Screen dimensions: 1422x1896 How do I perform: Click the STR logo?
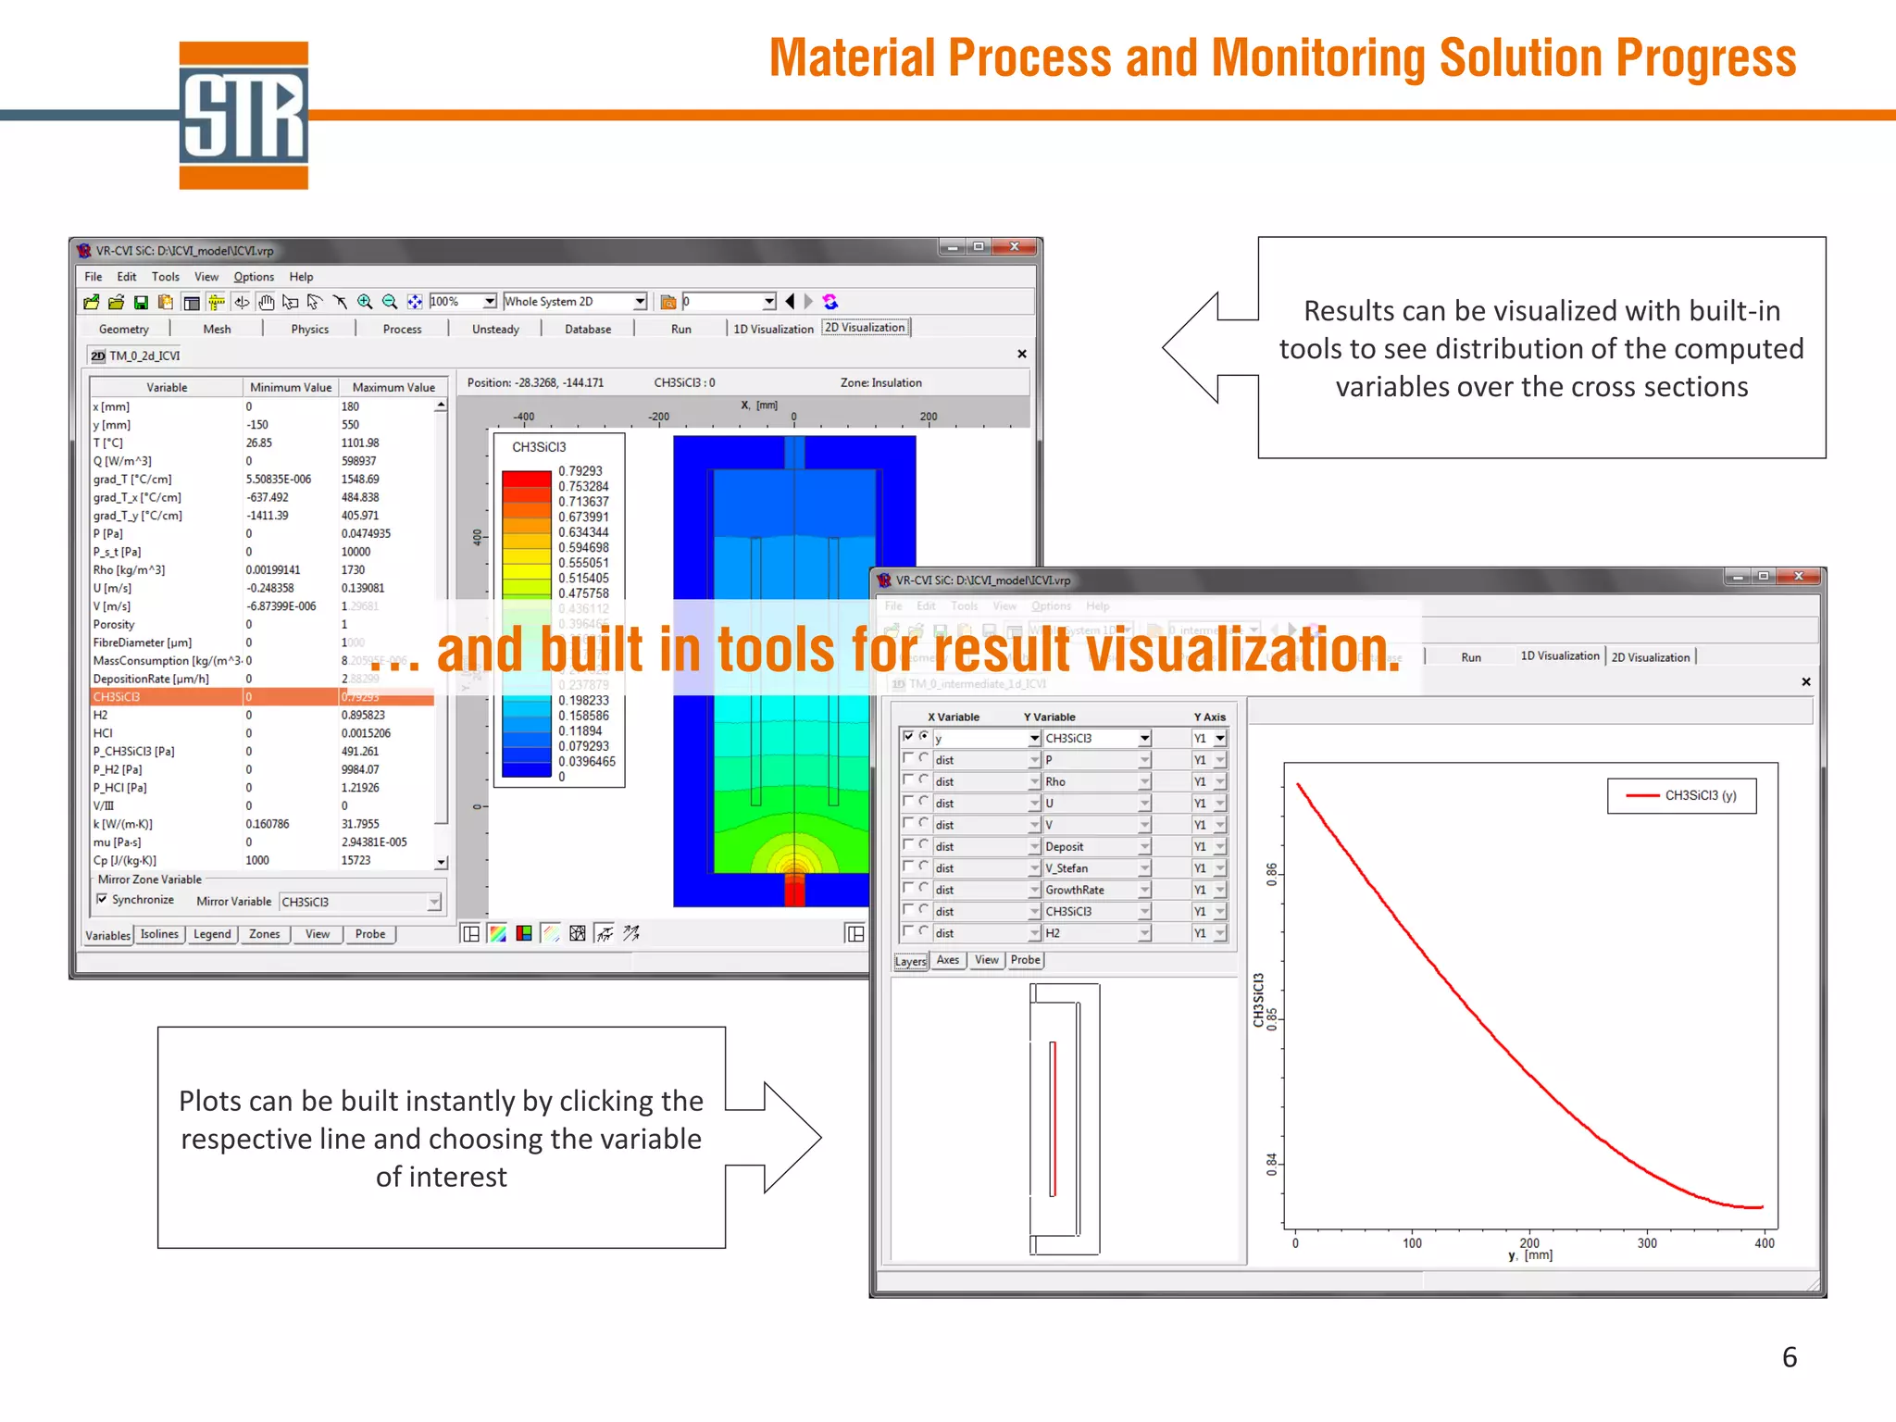tap(243, 116)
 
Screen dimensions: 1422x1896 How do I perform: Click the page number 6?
tap(1790, 1357)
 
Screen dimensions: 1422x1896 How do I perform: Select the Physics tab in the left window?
tap(309, 329)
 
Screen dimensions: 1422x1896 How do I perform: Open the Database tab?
tap(588, 329)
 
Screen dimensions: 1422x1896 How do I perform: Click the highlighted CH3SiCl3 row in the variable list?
tap(167, 697)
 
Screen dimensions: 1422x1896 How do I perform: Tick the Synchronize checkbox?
tap(102, 899)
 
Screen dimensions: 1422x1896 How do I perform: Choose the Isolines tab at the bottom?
tap(159, 934)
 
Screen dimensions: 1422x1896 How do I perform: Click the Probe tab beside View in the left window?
tap(370, 934)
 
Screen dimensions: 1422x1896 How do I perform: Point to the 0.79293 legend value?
tap(580, 471)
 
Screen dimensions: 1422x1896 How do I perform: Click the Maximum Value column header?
tap(393, 387)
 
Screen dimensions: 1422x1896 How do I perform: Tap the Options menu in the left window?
tap(254, 277)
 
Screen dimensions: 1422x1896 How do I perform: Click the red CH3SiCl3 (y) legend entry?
tap(1682, 795)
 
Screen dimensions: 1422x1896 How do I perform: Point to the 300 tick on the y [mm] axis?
tap(1647, 1243)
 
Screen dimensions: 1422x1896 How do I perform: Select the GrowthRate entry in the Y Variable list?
tap(1075, 890)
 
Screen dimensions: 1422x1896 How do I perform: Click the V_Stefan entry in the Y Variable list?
tap(1066, 868)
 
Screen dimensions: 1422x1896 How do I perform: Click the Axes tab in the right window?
tap(948, 960)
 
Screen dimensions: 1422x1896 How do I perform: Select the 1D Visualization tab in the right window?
tap(1559, 656)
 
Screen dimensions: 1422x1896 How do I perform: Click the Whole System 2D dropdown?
tap(574, 302)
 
